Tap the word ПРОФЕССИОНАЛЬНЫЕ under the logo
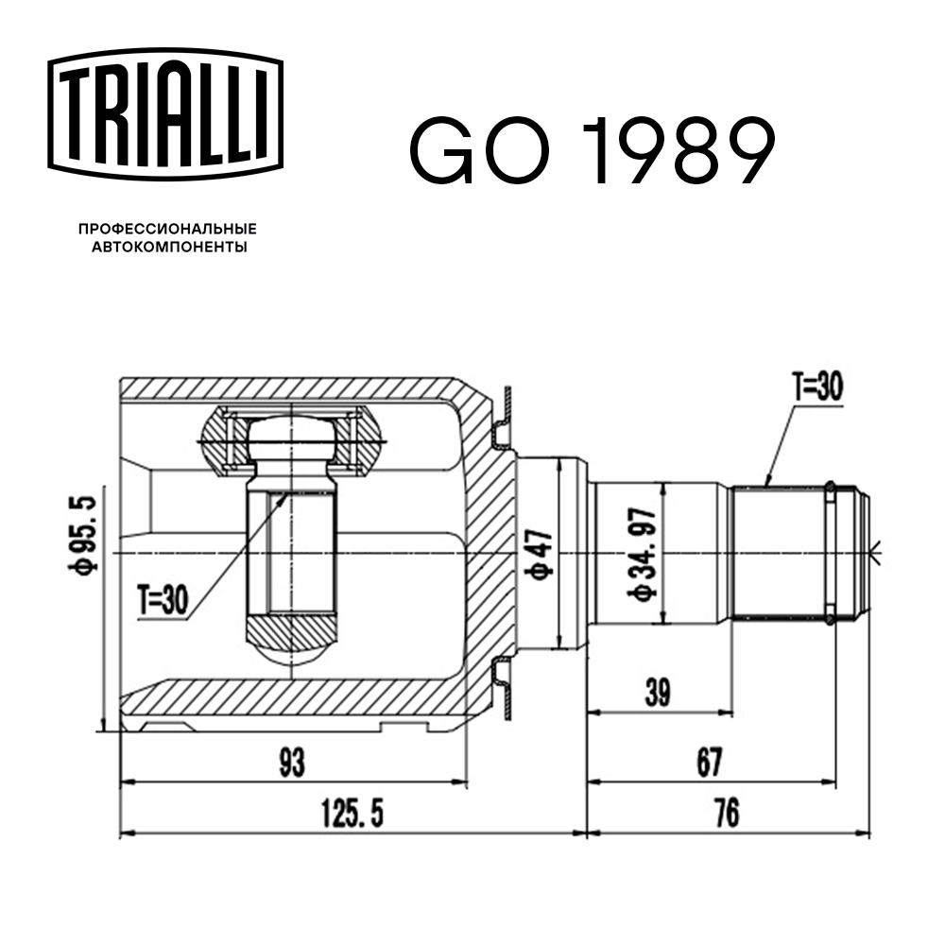(167, 230)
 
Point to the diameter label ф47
(540, 556)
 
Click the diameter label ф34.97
(647, 555)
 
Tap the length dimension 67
(707, 762)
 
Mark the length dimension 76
(725, 812)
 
